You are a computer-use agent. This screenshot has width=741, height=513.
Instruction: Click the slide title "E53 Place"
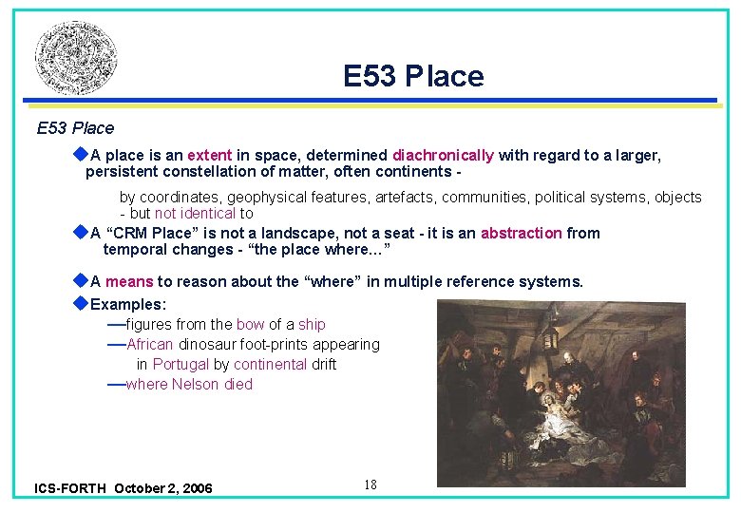click(x=413, y=76)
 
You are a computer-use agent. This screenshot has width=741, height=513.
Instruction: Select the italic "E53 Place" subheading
click(x=75, y=128)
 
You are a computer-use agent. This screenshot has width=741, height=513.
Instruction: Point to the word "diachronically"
click(x=443, y=155)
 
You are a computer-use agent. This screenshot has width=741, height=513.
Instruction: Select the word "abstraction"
click(x=522, y=234)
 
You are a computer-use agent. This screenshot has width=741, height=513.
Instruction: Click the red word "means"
click(x=129, y=281)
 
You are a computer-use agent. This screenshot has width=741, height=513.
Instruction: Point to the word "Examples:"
click(x=128, y=305)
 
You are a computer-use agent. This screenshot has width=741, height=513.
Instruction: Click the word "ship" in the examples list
click(x=312, y=325)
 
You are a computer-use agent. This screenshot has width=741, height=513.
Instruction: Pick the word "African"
click(x=149, y=345)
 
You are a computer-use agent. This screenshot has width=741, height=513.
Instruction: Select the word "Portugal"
click(x=180, y=365)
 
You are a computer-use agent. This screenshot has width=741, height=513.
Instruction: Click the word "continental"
click(x=271, y=365)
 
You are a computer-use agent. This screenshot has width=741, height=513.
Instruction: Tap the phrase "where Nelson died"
click(x=189, y=385)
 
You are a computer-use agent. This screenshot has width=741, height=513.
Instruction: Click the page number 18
click(x=370, y=485)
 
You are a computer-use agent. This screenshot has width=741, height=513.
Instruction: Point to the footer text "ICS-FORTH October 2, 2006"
click(x=123, y=488)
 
